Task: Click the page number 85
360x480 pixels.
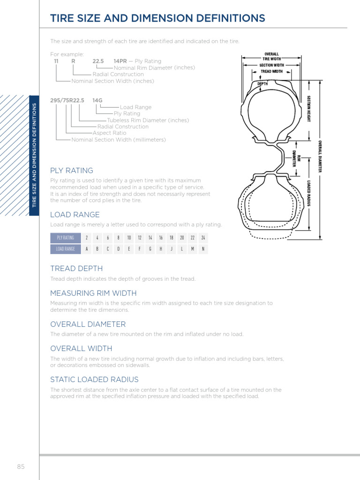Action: tap(21, 467)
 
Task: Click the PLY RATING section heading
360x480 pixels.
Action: tap(72, 171)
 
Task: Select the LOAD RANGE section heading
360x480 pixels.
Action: tap(75, 215)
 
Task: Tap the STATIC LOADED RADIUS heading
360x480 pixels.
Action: tap(94, 380)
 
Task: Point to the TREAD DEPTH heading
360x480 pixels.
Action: tap(76, 269)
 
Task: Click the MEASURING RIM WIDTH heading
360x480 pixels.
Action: tap(93, 293)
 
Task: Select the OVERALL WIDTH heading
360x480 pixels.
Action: tap(81, 349)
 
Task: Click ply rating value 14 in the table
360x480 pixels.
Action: tap(150, 238)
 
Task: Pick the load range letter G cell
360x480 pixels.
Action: tap(150, 249)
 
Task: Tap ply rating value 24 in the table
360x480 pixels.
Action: tap(203, 238)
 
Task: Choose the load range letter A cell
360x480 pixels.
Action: tap(86, 249)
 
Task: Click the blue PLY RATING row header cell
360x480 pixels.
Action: tap(66, 238)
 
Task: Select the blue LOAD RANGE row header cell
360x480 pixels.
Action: tap(66, 249)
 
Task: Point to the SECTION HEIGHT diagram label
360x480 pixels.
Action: tap(309, 109)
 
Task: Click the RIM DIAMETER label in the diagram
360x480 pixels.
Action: tap(296, 158)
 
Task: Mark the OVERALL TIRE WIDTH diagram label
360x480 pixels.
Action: tap(272, 56)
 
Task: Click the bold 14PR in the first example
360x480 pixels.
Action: tap(120, 61)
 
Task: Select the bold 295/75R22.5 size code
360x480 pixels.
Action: tap(67, 100)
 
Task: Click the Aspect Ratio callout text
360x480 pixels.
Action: tap(109, 133)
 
